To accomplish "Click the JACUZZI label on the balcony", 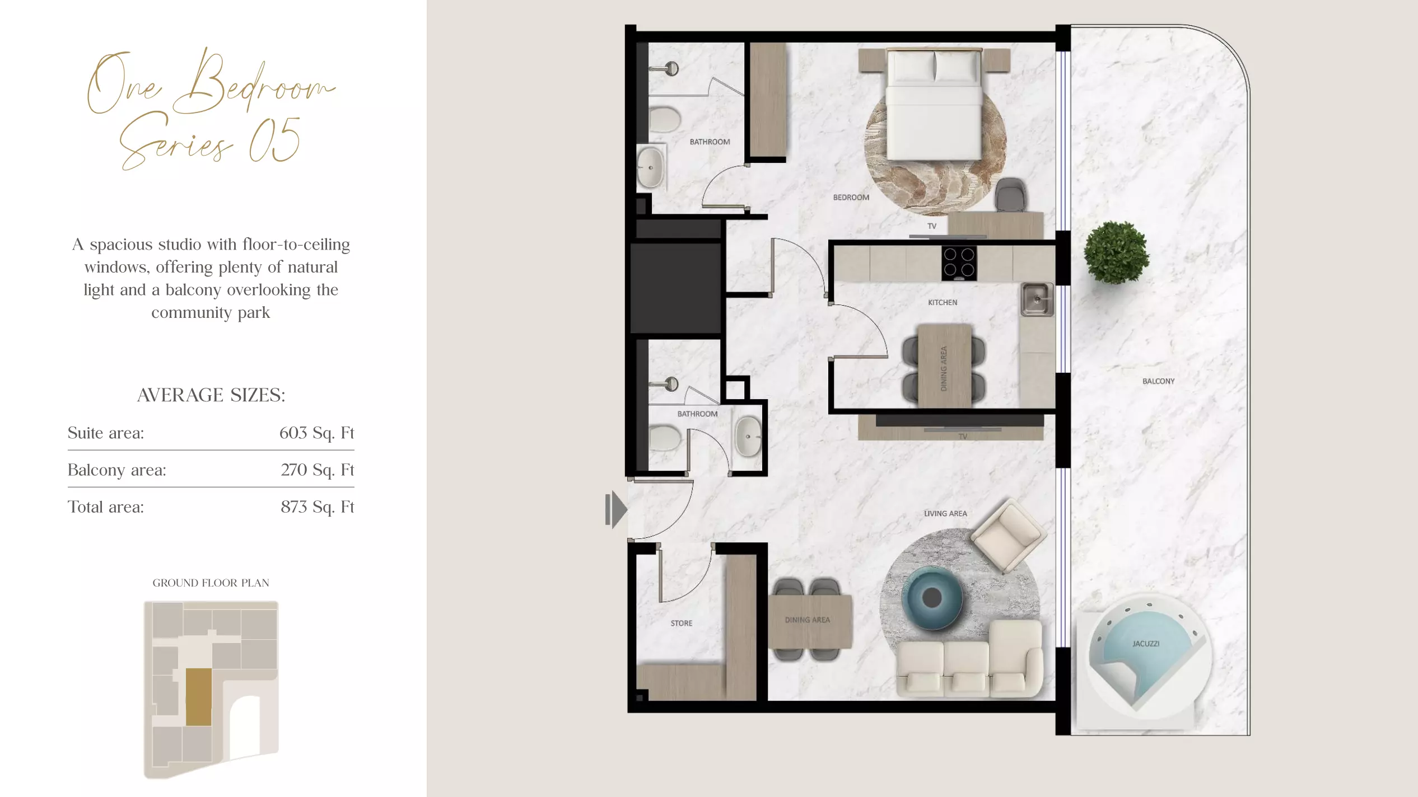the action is (x=1146, y=644).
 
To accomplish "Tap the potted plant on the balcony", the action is (x=1116, y=252).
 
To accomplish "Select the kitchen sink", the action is (x=1037, y=299).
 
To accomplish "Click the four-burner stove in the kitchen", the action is (x=959, y=263).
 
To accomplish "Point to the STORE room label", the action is (x=682, y=623).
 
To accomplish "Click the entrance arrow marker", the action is (x=616, y=509).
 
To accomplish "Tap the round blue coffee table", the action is (x=931, y=598).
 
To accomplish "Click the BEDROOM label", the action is (x=851, y=198).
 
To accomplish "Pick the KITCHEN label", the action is (x=943, y=303).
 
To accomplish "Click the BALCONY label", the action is (x=1158, y=381).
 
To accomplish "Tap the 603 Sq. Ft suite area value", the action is (x=316, y=433).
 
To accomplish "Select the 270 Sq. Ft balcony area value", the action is (x=318, y=470).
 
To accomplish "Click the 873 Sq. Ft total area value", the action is (x=318, y=507).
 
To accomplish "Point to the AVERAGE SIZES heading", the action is (x=211, y=395).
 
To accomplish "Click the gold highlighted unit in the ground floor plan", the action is (x=199, y=697).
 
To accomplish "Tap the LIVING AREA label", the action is (x=945, y=513).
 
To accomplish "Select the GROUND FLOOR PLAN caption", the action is (x=211, y=583).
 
